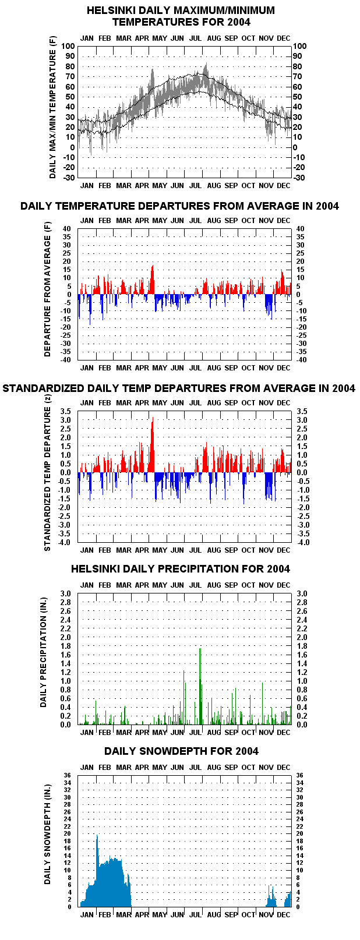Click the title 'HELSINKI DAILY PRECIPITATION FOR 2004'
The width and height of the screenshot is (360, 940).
(181, 569)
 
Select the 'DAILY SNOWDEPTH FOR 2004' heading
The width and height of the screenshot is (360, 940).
(181, 751)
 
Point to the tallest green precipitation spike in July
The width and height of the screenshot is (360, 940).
(200, 649)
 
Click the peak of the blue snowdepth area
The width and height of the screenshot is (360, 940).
(97, 835)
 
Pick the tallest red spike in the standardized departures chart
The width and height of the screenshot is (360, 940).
(153, 418)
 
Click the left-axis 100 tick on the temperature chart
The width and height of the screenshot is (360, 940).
(68, 46)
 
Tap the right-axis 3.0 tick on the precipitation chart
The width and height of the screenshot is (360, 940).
(302, 594)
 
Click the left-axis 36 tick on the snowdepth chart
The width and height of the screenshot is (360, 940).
(67, 776)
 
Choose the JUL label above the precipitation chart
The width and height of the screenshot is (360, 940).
(195, 585)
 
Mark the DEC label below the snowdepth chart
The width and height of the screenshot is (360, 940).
(284, 914)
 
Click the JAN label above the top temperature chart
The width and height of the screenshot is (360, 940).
(87, 38)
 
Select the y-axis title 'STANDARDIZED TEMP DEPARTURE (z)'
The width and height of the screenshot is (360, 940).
(47, 472)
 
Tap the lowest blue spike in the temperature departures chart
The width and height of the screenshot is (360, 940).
(90, 324)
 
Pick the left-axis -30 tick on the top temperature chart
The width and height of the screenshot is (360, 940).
(70, 178)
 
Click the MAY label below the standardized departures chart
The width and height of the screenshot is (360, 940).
(160, 550)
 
